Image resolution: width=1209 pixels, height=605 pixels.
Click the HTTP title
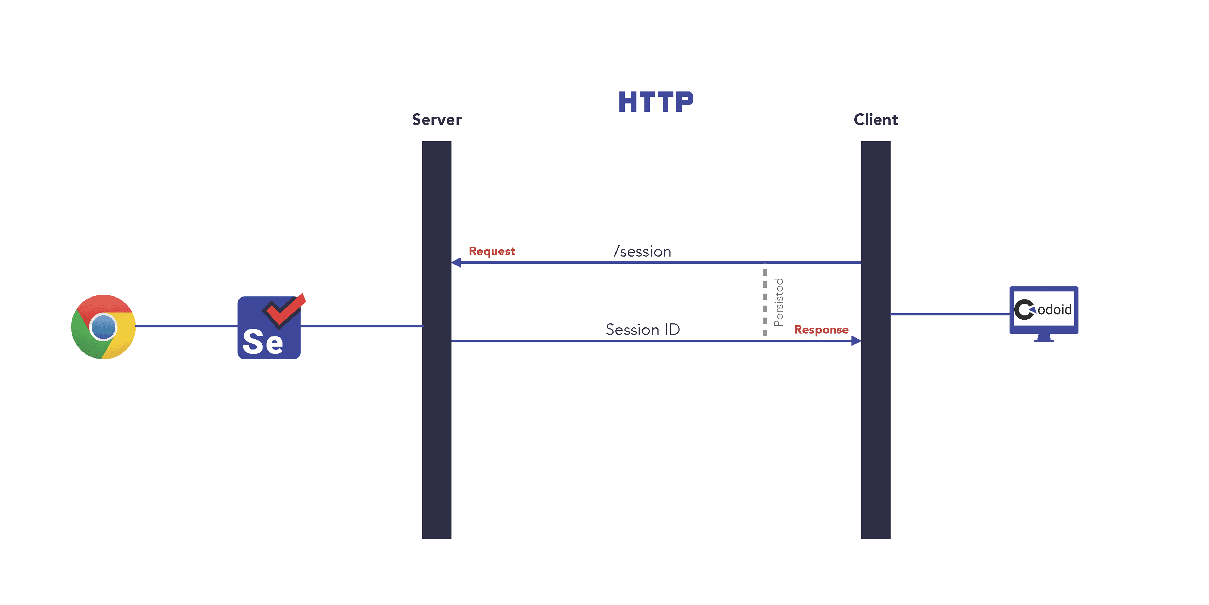pos(656,102)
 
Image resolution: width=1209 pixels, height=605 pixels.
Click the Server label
pos(437,120)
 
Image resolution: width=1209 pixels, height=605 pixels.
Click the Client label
pos(875,120)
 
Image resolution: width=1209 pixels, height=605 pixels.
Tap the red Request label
pos(491,251)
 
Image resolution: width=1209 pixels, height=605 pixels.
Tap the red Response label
pos(821,330)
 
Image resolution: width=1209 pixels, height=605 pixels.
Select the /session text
pos(643,252)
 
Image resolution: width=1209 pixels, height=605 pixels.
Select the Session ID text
pos(643,330)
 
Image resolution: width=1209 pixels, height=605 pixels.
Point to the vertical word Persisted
pos(779,302)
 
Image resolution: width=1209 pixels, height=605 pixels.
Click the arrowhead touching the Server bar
pos(456,262)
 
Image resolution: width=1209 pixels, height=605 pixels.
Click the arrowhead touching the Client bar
pos(856,340)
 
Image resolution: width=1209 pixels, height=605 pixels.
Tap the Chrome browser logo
pos(103,327)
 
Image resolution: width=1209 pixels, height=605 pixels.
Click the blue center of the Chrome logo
pos(103,327)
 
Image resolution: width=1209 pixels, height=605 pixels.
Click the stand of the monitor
pos(1043,338)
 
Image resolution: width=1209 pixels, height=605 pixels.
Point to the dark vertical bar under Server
pos(437,423)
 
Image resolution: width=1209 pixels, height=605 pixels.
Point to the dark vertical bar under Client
pos(875,423)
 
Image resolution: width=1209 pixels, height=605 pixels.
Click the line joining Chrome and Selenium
pos(186,326)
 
